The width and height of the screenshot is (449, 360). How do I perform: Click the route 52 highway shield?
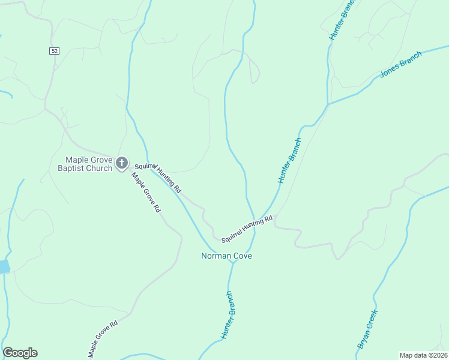pyautogui.click(x=55, y=52)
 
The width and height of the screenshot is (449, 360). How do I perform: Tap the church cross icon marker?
pyautogui.click(x=122, y=163)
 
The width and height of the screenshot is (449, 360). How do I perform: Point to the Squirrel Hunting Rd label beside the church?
pyautogui.click(x=158, y=177)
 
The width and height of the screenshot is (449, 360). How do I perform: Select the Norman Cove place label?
pyautogui.click(x=226, y=256)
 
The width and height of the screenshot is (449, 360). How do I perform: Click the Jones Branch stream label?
pyautogui.click(x=401, y=65)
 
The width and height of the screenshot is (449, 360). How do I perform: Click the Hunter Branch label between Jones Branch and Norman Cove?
pyautogui.click(x=289, y=161)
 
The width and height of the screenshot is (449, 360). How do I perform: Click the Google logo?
pyautogui.click(x=20, y=353)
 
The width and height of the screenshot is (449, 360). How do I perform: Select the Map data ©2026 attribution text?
pyautogui.click(x=423, y=355)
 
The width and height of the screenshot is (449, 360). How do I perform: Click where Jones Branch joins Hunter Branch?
pyautogui.click(x=328, y=105)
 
